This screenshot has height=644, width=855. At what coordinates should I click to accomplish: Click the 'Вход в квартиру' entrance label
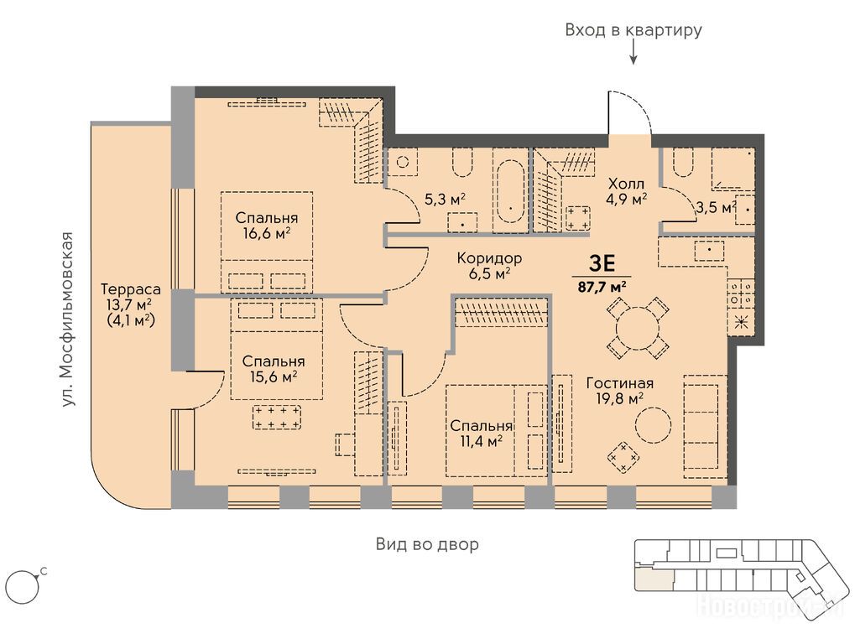633,30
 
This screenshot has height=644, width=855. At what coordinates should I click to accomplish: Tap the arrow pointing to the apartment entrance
633,54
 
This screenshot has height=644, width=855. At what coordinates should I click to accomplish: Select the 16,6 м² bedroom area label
267,234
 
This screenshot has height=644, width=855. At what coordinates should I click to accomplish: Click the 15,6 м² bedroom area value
274,377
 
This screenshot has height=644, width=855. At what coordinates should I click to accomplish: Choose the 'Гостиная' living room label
620,383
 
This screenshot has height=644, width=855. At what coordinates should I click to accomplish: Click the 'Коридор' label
489,257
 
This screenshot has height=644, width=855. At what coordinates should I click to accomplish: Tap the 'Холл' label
627,184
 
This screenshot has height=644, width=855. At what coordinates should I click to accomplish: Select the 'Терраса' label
130,288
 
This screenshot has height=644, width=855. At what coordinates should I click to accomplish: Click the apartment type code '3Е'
602,263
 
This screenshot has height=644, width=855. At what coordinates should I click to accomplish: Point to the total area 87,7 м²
602,287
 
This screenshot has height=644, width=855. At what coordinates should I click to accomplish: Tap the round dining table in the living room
637,328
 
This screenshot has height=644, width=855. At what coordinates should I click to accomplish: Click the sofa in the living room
705,427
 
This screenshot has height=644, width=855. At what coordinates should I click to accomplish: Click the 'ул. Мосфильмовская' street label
67,319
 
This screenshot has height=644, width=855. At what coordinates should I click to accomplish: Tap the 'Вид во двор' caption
428,543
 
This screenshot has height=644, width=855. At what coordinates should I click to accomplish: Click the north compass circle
22,587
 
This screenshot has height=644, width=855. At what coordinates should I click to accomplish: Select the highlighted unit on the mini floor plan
654,579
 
